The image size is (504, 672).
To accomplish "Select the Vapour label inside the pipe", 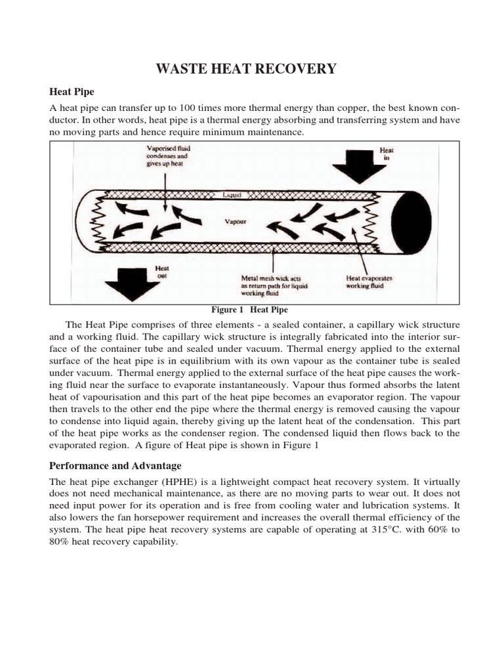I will click(234, 222).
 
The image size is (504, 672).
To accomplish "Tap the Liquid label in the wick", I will click(232, 195).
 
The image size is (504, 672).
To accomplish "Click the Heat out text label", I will click(161, 272).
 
